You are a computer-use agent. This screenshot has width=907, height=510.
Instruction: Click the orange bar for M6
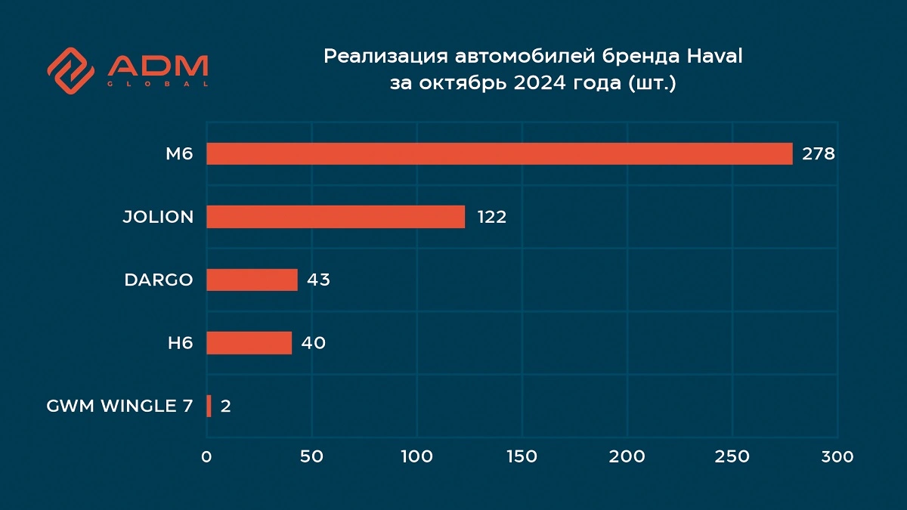coord(499,154)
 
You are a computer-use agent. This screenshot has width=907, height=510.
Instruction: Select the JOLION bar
coord(336,217)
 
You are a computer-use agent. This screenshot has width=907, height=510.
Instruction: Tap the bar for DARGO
coord(252,280)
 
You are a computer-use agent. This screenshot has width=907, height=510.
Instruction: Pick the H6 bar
coord(249,343)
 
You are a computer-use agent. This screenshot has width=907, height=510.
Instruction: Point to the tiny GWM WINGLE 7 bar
coord(209,406)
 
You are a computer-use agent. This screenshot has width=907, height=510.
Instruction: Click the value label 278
coord(819,154)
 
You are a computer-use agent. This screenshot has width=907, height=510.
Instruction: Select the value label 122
coord(491,218)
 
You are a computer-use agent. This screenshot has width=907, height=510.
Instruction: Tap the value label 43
coord(318,280)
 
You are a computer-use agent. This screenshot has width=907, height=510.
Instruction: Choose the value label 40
coord(313,343)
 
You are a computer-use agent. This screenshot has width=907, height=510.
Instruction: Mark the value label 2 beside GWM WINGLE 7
coord(225,406)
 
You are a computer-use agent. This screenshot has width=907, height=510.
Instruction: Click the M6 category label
coord(180,154)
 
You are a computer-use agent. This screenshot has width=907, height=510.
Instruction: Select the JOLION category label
coord(158,218)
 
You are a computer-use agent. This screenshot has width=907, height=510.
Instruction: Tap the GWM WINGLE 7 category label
coord(119,406)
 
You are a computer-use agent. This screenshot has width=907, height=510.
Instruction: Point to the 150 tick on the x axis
coord(522,457)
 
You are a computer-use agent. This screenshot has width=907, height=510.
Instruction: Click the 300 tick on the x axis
coord(837,457)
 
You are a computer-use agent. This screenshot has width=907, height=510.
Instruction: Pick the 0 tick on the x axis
coord(206,457)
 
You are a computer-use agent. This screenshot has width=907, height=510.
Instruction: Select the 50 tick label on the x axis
coord(311,457)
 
